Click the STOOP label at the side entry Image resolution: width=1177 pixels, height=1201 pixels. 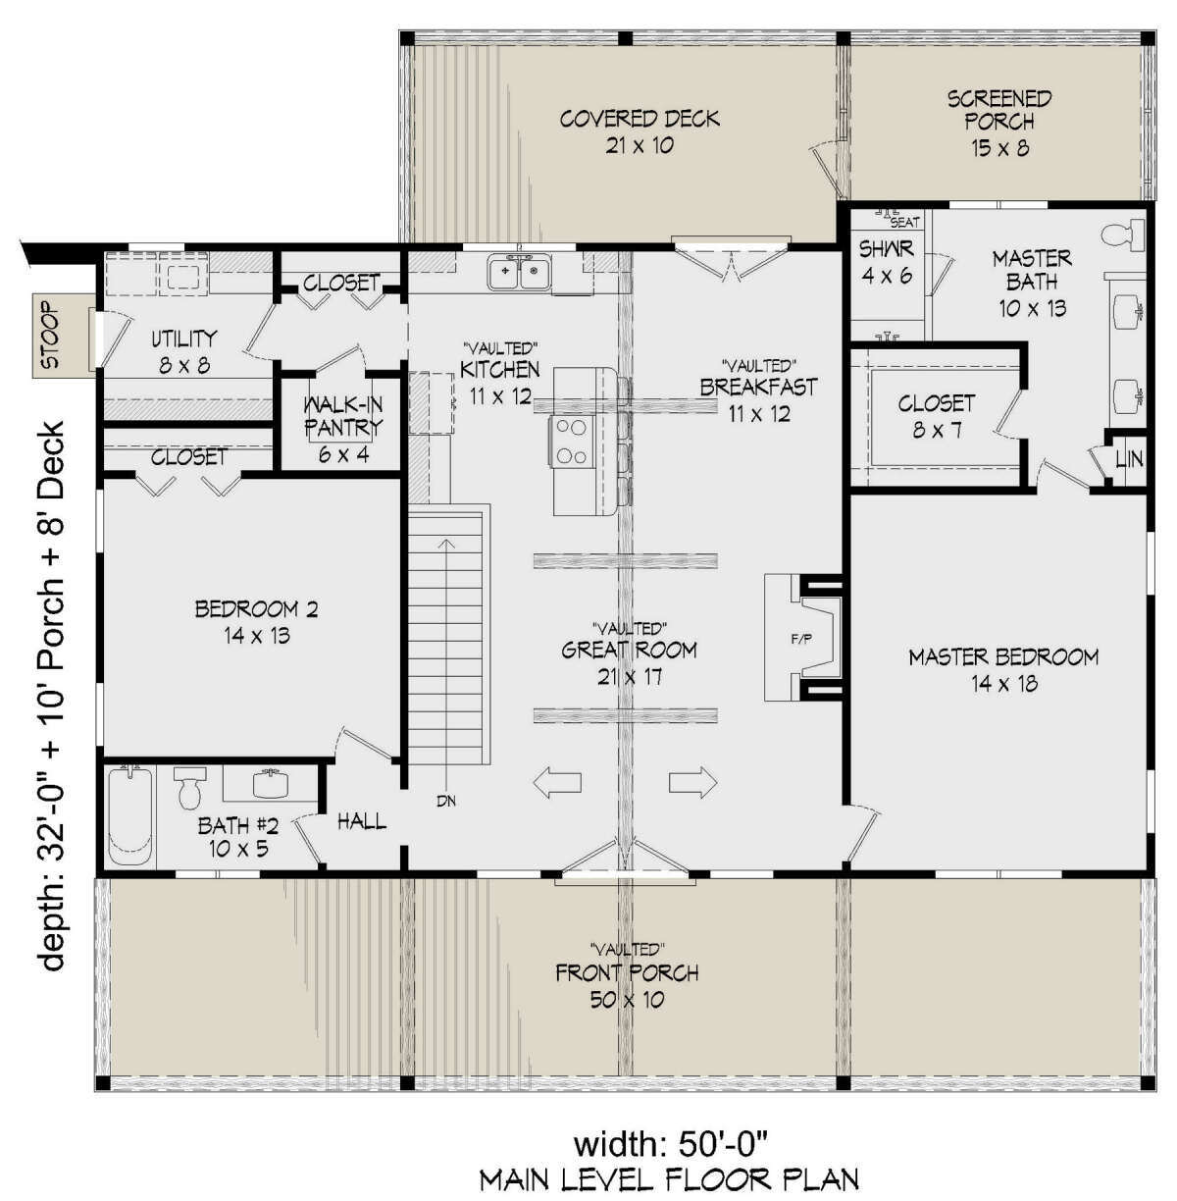pyautogui.click(x=50, y=335)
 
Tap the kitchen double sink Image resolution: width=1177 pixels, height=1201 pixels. pyautogui.click(x=520, y=272)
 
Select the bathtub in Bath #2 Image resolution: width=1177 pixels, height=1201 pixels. pyautogui.click(x=130, y=816)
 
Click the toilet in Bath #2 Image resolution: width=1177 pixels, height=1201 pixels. pyautogui.click(x=188, y=788)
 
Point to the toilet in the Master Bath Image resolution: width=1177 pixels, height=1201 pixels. pyautogui.click(x=1123, y=235)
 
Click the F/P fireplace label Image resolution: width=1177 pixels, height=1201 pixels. pyautogui.click(x=801, y=638)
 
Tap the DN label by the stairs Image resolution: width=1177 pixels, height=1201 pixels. pyautogui.click(x=446, y=801)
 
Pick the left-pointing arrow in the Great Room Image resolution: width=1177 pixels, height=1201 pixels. pyautogui.click(x=557, y=782)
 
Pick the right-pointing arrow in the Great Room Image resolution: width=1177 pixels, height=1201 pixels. pyautogui.click(x=692, y=782)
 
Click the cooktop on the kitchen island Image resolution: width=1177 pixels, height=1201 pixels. pyautogui.click(x=572, y=442)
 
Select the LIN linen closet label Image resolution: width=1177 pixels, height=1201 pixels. pyautogui.click(x=1129, y=459)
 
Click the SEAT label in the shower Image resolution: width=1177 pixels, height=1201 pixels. pyautogui.click(x=904, y=222)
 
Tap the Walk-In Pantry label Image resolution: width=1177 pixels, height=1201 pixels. pyautogui.click(x=342, y=417)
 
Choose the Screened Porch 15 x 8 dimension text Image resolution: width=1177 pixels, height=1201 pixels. pyautogui.click(x=999, y=148)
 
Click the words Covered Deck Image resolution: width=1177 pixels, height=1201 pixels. pyautogui.click(x=640, y=119)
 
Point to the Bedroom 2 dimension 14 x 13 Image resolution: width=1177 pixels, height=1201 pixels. pyautogui.click(x=257, y=636)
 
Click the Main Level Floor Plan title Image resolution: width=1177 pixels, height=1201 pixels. pyautogui.click(x=670, y=1179)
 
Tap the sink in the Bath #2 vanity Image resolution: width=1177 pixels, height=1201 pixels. pyautogui.click(x=271, y=784)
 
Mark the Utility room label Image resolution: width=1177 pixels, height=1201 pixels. pyautogui.click(x=184, y=339)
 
